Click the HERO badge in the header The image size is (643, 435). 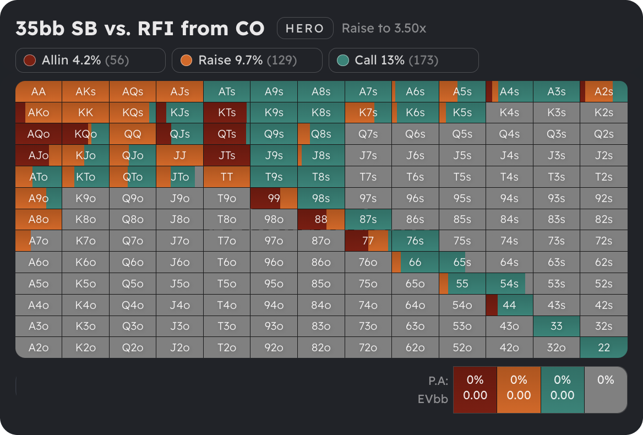[305, 29]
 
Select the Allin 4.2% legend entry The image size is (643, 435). [90, 61]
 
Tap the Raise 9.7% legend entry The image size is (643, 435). [247, 61]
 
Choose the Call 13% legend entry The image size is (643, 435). [404, 61]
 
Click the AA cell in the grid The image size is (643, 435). [39, 91]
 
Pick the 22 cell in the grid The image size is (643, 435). [604, 347]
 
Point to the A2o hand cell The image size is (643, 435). [39, 347]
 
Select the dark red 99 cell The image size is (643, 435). [274, 198]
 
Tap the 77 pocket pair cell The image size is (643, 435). [368, 241]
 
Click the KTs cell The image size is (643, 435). [227, 112]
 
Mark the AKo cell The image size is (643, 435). [39, 112]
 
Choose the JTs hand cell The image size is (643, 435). [227, 155]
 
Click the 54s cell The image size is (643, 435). [509, 284]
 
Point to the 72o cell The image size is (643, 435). [368, 347]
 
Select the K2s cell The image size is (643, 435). [604, 112]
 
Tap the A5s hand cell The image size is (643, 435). [462, 91]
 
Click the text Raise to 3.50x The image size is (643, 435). [384, 29]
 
